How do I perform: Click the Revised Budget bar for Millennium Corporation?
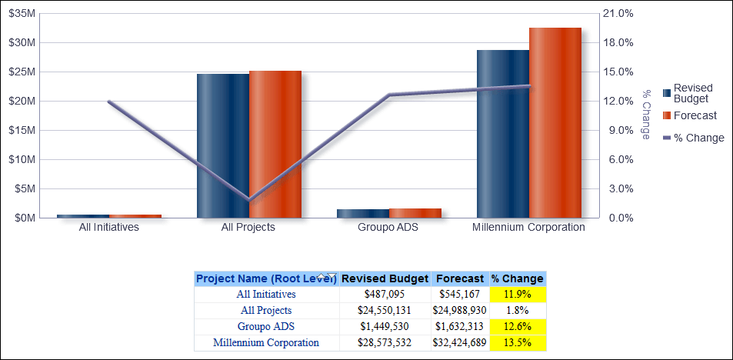click(x=502, y=134)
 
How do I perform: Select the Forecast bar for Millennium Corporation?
click(x=555, y=123)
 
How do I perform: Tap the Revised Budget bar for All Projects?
click(x=222, y=146)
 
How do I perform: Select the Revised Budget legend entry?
click(x=691, y=93)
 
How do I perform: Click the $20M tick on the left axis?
click(x=22, y=101)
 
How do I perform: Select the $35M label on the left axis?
click(x=22, y=14)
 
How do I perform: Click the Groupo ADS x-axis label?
click(x=388, y=228)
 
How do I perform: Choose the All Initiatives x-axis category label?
click(x=109, y=228)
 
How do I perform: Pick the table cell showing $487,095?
click(x=385, y=294)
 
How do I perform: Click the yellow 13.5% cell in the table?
click(x=518, y=342)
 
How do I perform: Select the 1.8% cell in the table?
click(x=518, y=310)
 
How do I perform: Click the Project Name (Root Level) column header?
click(x=265, y=278)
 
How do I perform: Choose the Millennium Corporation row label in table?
click(x=266, y=342)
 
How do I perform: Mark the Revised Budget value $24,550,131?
click(x=385, y=310)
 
